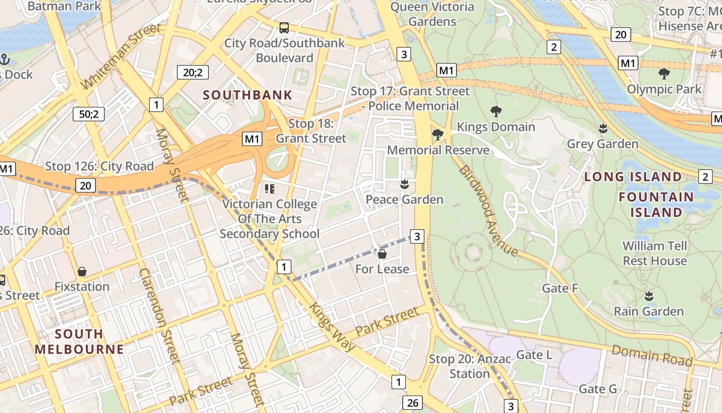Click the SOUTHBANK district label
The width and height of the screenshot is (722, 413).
(248, 95)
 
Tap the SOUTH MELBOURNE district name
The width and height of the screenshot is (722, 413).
(79, 341)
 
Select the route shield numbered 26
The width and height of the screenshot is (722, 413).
(413, 403)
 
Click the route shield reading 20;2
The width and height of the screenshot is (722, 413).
(193, 72)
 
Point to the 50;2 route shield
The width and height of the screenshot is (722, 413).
(89, 114)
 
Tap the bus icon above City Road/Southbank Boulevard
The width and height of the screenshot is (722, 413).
(284, 28)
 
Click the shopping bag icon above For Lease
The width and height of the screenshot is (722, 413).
(382, 254)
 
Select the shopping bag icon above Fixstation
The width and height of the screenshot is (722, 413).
(81, 272)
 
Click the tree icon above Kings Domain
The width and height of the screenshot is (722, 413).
(496, 111)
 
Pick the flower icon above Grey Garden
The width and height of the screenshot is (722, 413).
(602, 128)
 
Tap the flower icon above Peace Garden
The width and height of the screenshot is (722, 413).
(404, 184)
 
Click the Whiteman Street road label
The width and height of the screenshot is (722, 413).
(121, 56)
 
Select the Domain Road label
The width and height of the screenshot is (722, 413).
(652, 355)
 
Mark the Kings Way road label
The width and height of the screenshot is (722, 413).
(332, 327)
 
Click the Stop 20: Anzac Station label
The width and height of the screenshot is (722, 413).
(469, 366)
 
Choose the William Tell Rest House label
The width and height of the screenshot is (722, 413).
(654, 253)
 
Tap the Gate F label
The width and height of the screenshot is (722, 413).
(560, 288)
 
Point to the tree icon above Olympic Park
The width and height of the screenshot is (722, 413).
(664, 74)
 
